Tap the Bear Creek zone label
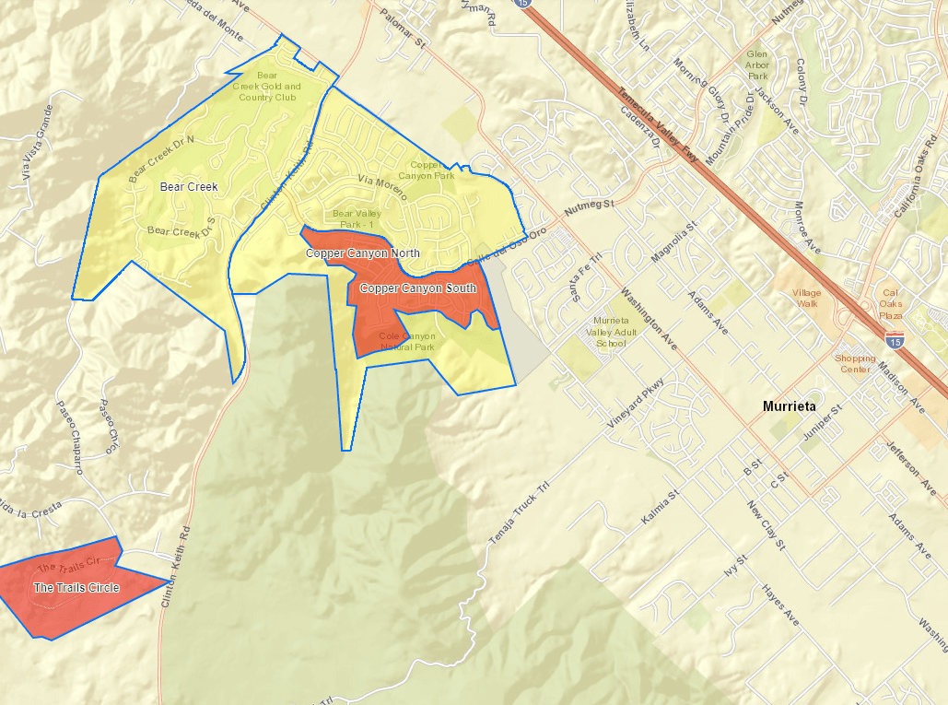click(x=189, y=187)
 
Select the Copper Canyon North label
click(x=363, y=253)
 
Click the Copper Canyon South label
click(x=418, y=288)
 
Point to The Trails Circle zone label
click(x=76, y=587)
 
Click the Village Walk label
click(x=806, y=298)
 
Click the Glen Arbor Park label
click(x=757, y=65)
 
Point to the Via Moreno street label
click(x=380, y=182)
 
